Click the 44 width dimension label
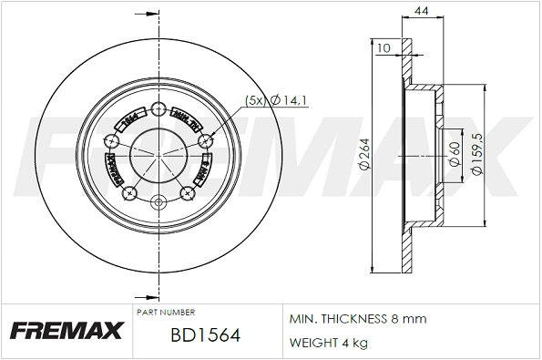coord(422,10)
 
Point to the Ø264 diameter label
coord(363,156)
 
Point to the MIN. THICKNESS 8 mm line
coord(357,319)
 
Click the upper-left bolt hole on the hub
coord(111,140)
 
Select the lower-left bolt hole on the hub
coord(129,191)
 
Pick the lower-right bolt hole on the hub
coord(189,191)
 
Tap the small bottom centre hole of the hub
coord(158,201)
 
